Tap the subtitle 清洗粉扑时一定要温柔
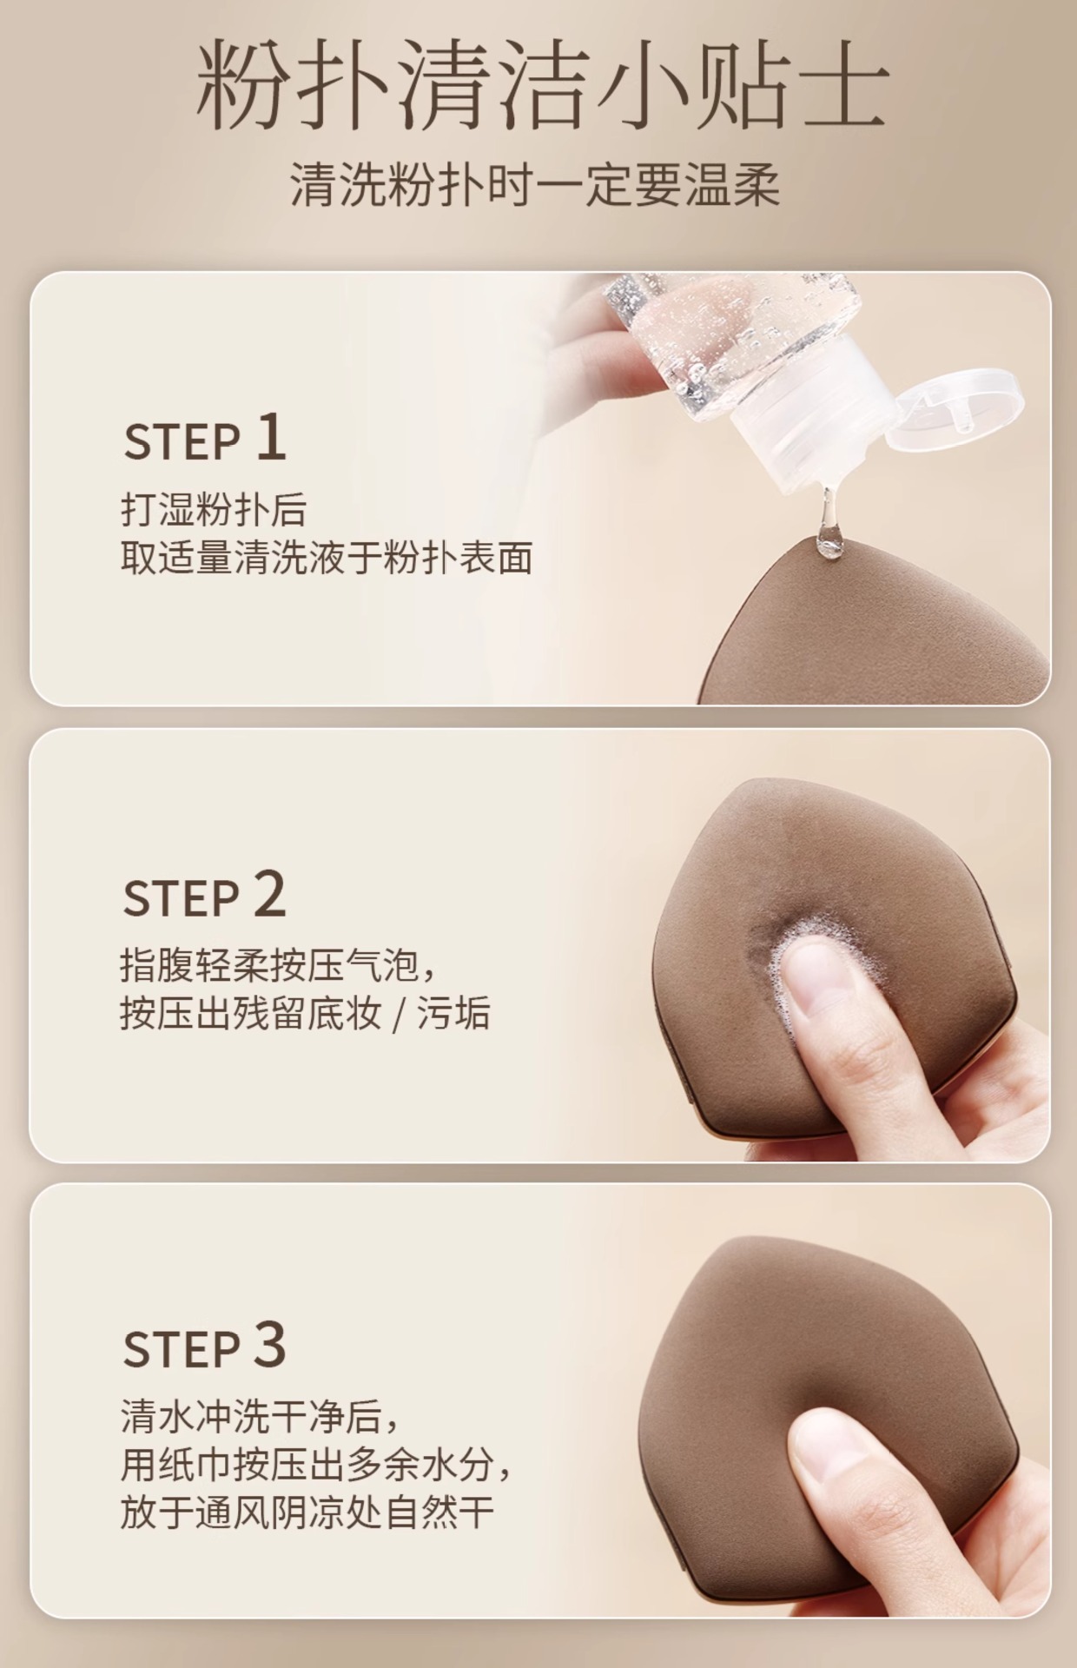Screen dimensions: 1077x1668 (x=535, y=184)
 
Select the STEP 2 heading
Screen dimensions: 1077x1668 (x=205, y=896)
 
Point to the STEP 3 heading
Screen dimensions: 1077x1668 (x=205, y=1346)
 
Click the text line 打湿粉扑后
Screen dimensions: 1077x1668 (x=214, y=511)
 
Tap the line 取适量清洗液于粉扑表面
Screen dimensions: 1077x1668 (x=327, y=558)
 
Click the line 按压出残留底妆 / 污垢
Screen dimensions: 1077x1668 (x=305, y=1013)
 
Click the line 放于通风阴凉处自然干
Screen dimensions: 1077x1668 (x=307, y=1512)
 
